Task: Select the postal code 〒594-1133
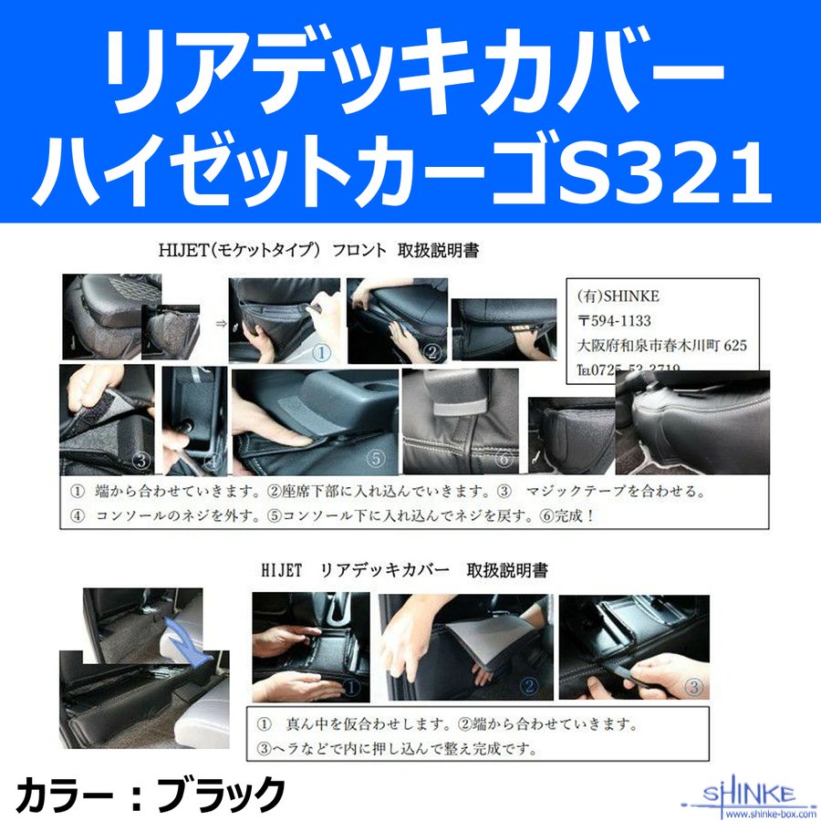(630, 321)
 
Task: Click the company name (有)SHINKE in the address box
(619, 296)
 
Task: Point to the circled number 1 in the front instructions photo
(321, 350)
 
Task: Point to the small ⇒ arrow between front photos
(220, 322)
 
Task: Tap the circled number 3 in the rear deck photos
(694, 685)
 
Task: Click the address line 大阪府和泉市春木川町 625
(662, 346)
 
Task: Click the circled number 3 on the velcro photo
(141, 459)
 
